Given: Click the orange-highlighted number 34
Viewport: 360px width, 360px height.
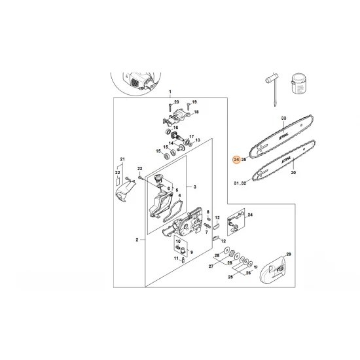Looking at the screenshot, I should (x=236, y=159).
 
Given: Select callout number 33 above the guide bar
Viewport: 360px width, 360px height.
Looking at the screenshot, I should (x=283, y=118).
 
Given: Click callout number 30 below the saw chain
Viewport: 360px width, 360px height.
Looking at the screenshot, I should (x=293, y=173).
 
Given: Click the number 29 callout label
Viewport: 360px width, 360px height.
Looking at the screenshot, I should (x=288, y=253).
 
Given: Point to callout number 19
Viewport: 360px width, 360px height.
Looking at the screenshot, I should (x=194, y=102).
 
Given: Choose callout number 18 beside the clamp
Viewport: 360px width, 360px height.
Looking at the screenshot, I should (x=196, y=113).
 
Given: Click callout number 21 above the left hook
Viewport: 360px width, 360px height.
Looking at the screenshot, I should (x=122, y=159).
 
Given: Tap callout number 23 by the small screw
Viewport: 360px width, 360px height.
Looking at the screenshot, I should (x=139, y=169).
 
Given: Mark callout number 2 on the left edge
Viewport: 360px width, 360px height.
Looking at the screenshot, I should (x=136, y=240).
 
